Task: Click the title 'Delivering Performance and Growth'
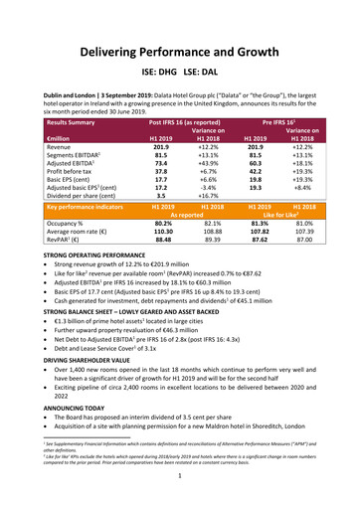click(x=180, y=51)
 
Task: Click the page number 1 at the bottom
click(x=180, y=499)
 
